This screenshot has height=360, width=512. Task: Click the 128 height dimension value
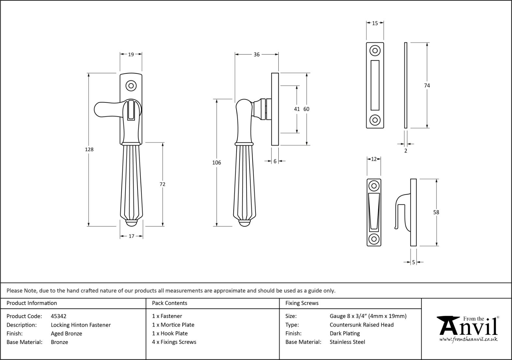click(89, 149)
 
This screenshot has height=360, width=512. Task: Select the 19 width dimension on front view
click(131, 54)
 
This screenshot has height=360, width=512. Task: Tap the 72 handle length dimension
click(162, 184)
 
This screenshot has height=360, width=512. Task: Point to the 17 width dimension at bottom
click(131, 236)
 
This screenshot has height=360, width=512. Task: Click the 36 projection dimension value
click(256, 54)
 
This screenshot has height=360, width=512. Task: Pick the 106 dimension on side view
click(216, 162)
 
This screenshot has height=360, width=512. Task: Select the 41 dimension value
click(297, 109)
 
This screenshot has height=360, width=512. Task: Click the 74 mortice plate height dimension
click(427, 85)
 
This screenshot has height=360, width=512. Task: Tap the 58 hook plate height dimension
click(436, 212)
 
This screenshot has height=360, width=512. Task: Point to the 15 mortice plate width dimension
click(375, 23)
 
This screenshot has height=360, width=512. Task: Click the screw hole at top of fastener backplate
click(131, 86)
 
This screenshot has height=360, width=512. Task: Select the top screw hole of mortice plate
click(375, 51)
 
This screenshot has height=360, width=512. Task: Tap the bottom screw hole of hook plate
click(374, 238)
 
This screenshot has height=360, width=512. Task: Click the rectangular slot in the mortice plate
click(375, 85)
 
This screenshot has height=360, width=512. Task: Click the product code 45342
click(59, 316)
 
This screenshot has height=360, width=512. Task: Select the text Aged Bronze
click(66, 334)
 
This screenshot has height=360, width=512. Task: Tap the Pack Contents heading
click(169, 303)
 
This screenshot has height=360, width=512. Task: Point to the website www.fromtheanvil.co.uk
click(468, 339)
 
